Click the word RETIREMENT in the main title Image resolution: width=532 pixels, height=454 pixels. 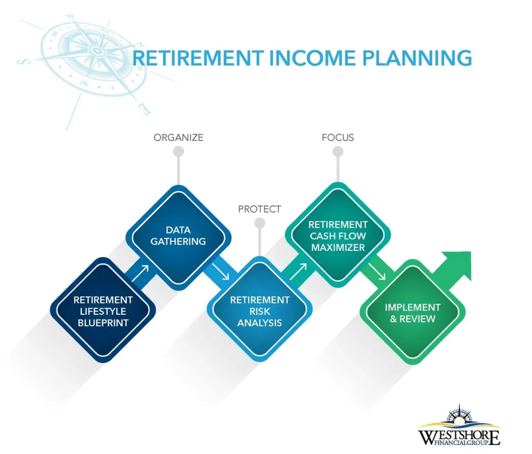pos(197,58)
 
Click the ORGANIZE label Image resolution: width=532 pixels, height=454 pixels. pos(178,138)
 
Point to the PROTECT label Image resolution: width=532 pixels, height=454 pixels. pos(259,209)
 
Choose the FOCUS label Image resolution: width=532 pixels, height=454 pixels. pos(338,138)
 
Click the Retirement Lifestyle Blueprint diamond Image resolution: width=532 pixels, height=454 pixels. pos(103,311)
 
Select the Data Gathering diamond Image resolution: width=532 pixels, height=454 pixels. pos(178,235)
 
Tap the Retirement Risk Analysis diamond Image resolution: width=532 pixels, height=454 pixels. pos(259,311)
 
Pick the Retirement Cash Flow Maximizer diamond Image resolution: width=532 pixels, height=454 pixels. pos(338,235)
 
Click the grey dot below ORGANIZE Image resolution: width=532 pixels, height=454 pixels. pos(178,152)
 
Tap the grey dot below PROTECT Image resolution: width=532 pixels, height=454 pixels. pos(259,223)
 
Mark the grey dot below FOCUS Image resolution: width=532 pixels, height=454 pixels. pos(338,152)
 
